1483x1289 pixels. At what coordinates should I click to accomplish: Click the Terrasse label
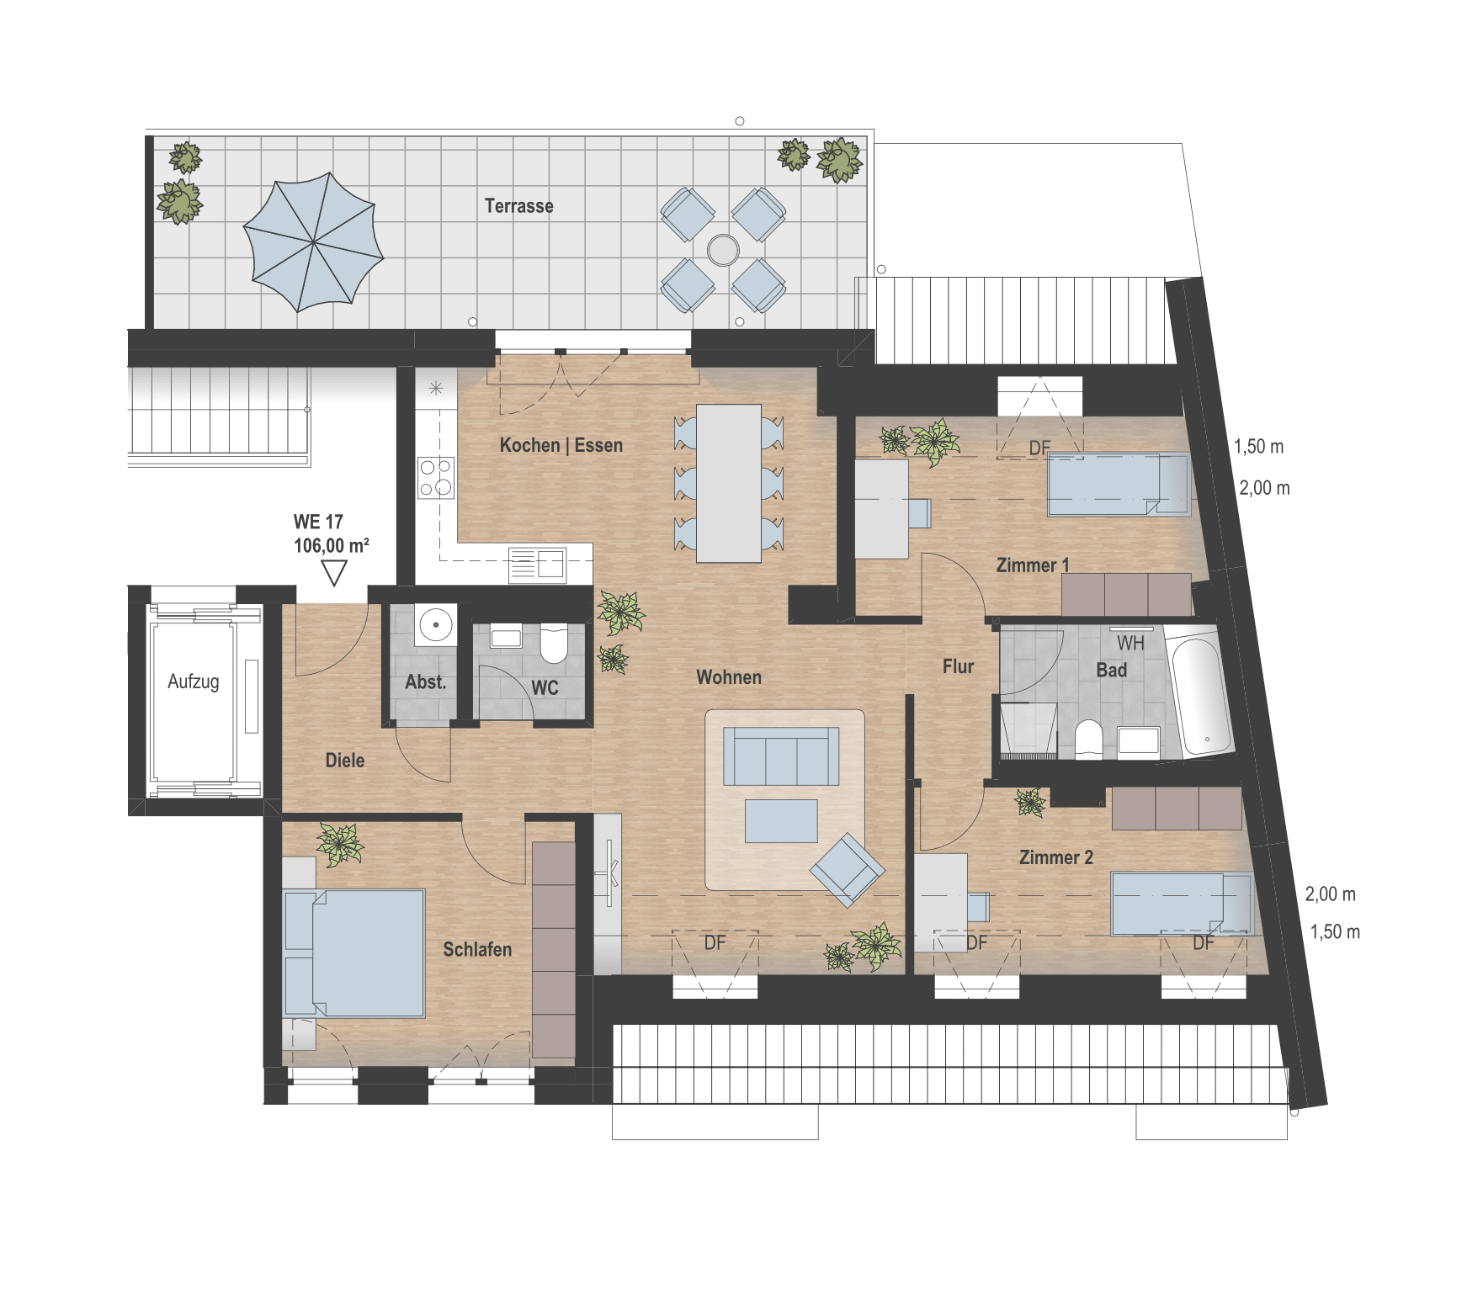[x=518, y=206]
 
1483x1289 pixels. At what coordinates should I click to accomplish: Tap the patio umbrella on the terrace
[x=313, y=242]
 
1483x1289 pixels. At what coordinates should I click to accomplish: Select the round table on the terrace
[x=723, y=250]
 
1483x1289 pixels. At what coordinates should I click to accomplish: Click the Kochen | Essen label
[x=561, y=445]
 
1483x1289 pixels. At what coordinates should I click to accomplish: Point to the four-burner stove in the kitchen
[x=436, y=477]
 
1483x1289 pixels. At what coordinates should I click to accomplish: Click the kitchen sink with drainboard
[x=537, y=565]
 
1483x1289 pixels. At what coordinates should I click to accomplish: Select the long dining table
[x=729, y=483]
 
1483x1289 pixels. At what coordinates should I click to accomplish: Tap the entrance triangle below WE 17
[x=334, y=573]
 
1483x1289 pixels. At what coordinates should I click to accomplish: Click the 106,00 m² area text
[x=332, y=546]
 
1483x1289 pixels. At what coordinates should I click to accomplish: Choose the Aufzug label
[x=194, y=682]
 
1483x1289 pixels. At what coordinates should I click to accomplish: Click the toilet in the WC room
[x=553, y=644]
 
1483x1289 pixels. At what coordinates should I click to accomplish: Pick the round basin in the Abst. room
[x=436, y=624]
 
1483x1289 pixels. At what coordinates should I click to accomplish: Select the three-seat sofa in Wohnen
[x=781, y=756]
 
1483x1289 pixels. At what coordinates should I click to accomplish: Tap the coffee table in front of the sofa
[x=781, y=821]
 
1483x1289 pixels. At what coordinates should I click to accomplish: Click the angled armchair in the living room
[x=848, y=869]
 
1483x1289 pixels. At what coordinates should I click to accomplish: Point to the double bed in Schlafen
[x=354, y=953]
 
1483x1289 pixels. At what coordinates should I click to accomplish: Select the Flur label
[x=958, y=666]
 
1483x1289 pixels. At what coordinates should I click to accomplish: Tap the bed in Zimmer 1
[x=1118, y=485]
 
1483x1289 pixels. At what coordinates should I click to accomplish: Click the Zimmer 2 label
[x=1055, y=857]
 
